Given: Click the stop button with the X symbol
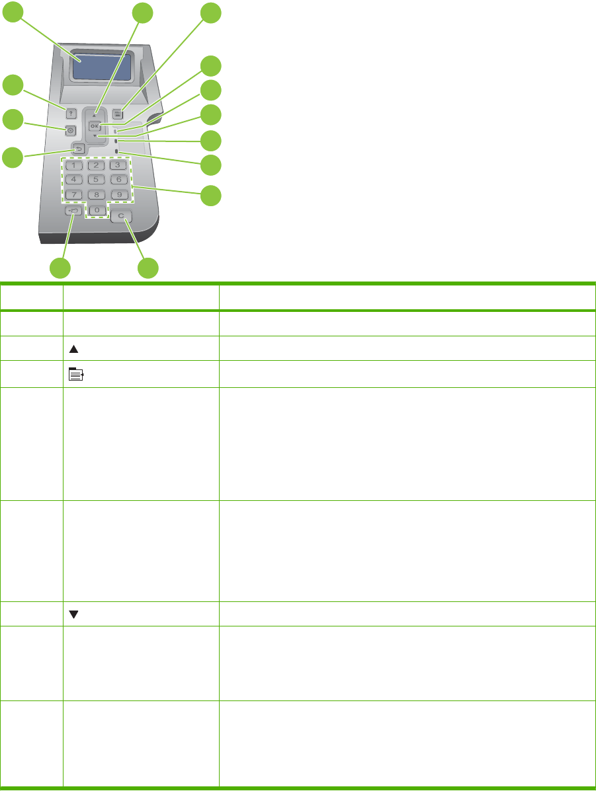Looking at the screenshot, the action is (70, 130).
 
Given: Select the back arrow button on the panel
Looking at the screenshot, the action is (78, 149).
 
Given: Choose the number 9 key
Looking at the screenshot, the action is (118, 194).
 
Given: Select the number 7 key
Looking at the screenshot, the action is (77, 194).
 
